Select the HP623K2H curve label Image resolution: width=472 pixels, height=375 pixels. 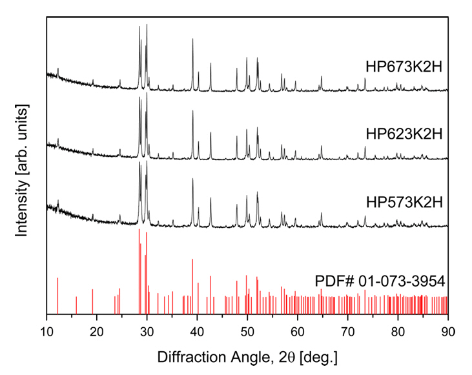[x=404, y=134]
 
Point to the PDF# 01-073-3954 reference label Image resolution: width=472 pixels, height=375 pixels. [x=381, y=281]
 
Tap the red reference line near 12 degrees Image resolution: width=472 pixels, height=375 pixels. [x=57, y=296]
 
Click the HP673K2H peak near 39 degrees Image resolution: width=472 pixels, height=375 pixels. [x=192, y=40]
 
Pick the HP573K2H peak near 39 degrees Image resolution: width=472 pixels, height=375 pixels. [x=192, y=180]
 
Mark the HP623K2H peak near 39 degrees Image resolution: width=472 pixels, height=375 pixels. [x=192, y=112]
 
